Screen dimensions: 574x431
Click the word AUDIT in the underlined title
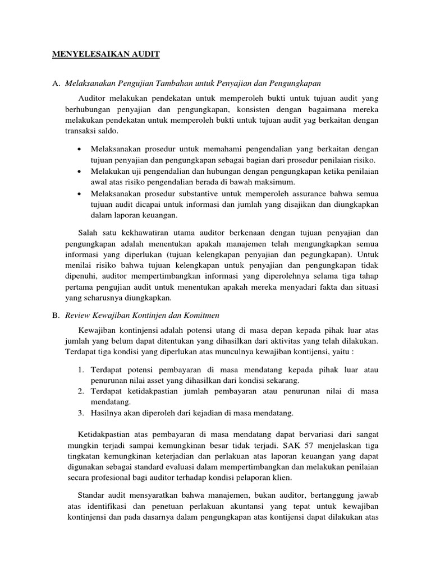coord(146,54)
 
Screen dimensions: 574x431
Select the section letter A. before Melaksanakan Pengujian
coord(56,84)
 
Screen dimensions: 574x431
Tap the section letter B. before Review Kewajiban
coord(56,316)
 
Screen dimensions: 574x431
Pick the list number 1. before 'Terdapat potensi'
coord(80,369)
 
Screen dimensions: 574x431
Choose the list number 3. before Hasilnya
coord(80,413)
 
